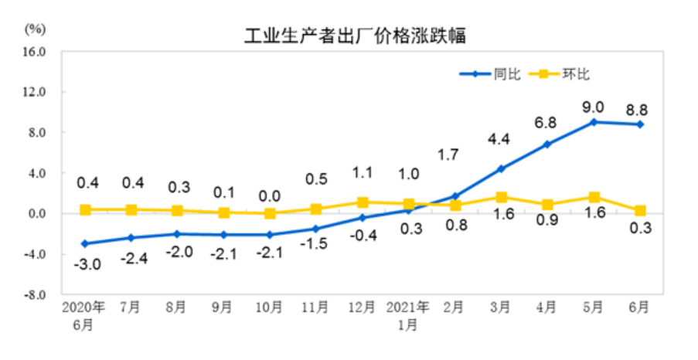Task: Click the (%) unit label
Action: [x=36, y=29]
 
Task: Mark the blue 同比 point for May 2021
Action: [x=594, y=122]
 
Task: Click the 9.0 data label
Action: [x=594, y=107]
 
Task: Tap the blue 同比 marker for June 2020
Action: [x=84, y=243]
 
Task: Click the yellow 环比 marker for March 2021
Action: [x=501, y=197]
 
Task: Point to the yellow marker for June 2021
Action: [x=640, y=210]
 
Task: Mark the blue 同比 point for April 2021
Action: [x=547, y=144]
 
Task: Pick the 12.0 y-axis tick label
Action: [x=37, y=92]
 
